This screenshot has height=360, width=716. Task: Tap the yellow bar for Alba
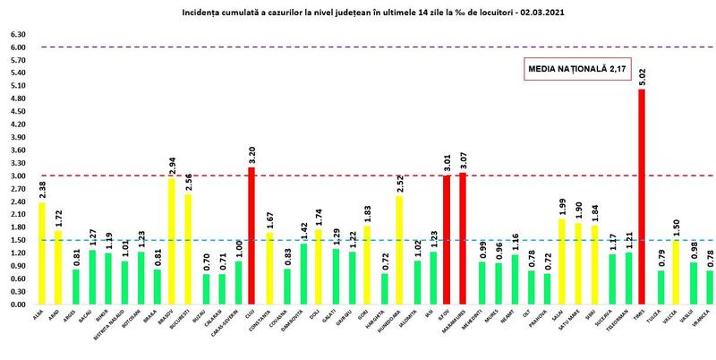[x=43, y=253]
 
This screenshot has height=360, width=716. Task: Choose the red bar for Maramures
[x=464, y=238]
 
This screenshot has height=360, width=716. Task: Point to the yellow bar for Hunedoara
[x=398, y=250]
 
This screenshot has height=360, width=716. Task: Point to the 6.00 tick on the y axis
[x=19, y=47]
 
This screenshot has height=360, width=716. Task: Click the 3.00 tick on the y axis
[x=19, y=176]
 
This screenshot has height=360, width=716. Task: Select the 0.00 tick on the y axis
[x=19, y=304]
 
